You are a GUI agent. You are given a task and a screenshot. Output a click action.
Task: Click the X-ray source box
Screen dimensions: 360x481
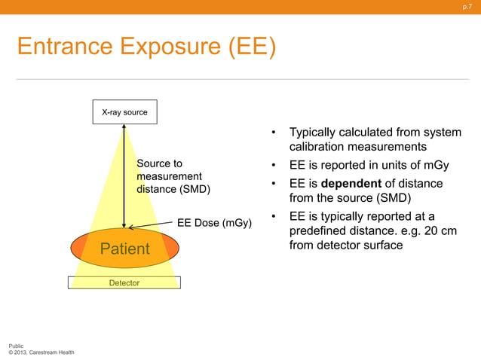124,112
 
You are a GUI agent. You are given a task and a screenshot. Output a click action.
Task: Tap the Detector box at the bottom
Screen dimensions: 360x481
124,282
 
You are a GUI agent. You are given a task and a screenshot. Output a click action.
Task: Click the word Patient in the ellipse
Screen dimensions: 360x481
125,249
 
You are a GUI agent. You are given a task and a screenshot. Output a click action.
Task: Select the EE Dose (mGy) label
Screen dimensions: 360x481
214,223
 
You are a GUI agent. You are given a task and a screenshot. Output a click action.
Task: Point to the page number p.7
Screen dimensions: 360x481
467,7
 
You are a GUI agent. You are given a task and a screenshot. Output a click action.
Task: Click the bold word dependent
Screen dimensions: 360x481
351,184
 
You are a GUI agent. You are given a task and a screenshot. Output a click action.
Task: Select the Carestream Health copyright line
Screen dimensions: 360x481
41,352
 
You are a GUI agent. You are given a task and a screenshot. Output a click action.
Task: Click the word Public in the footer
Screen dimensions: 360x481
16,344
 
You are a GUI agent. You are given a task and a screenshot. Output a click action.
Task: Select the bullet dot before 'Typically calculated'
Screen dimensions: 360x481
275,133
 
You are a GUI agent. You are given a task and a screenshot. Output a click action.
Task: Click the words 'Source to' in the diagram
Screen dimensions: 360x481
159,163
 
